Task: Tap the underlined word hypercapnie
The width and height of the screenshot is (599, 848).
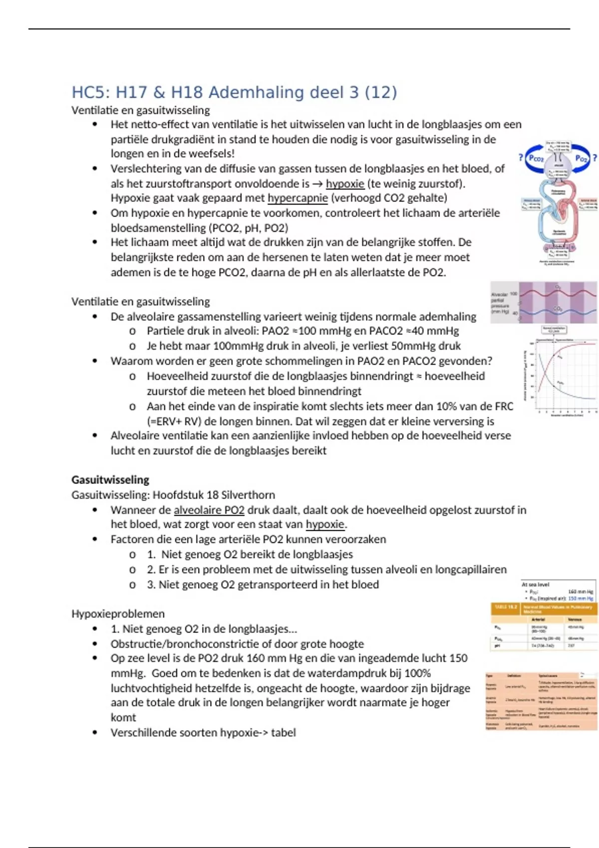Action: [x=298, y=198]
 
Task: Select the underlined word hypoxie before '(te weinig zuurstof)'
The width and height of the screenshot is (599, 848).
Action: [x=345, y=184]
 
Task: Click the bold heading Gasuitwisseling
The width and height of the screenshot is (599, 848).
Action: [x=110, y=480]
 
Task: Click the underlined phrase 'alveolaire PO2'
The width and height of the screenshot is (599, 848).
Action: [x=209, y=510]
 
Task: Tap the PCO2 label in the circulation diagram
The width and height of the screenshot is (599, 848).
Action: [x=536, y=158]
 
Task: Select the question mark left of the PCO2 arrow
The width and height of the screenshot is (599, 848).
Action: [x=521, y=158]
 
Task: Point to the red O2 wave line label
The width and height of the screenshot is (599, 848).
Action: [x=558, y=287]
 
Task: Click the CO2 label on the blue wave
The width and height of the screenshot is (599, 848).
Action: [x=558, y=309]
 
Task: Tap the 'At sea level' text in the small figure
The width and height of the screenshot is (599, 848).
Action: [x=535, y=584]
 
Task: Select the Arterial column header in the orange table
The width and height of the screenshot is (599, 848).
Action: [x=538, y=619]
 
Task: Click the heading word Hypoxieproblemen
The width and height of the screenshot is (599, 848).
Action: [x=118, y=614]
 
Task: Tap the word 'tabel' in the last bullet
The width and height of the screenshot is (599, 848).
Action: [x=284, y=732]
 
